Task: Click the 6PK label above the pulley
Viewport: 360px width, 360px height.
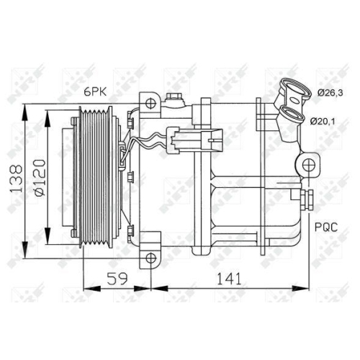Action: click(94, 92)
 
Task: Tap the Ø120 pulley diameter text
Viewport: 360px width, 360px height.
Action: click(42, 178)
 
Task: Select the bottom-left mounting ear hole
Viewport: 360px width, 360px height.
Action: click(149, 257)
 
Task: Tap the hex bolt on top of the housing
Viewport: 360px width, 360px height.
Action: click(174, 99)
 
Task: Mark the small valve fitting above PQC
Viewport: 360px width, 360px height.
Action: click(311, 197)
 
